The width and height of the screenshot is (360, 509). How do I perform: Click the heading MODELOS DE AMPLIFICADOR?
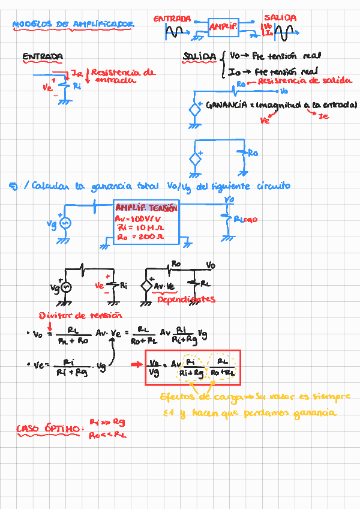73,25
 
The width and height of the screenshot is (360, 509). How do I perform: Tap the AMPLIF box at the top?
223,26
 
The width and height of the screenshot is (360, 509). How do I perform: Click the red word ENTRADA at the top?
172,19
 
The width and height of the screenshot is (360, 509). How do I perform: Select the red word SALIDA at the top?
280,19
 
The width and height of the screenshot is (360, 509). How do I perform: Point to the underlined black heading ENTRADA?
43,57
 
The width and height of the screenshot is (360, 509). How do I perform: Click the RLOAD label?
245,220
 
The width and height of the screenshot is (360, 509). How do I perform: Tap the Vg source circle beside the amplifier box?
64,223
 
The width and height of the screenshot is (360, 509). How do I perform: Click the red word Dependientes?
186,299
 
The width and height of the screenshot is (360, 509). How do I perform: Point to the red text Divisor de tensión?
80,315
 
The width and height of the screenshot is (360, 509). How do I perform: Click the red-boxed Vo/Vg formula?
192,367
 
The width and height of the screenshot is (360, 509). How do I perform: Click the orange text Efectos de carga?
193,397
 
